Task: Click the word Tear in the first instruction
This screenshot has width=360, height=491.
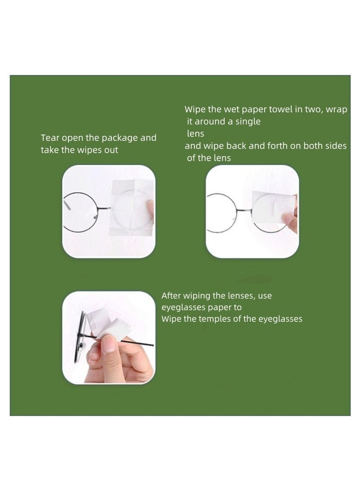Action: pyautogui.click(x=49, y=138)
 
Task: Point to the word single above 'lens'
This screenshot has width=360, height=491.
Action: pyautogui.click(x=246, y=122)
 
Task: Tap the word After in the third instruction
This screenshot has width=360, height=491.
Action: pyautogui.click(x=172, y=296)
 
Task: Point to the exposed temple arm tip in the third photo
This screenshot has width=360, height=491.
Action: pyautogui.click(x=148, y=345)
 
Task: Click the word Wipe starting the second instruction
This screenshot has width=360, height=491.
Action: pyautogui.click(x=194, y=109)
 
